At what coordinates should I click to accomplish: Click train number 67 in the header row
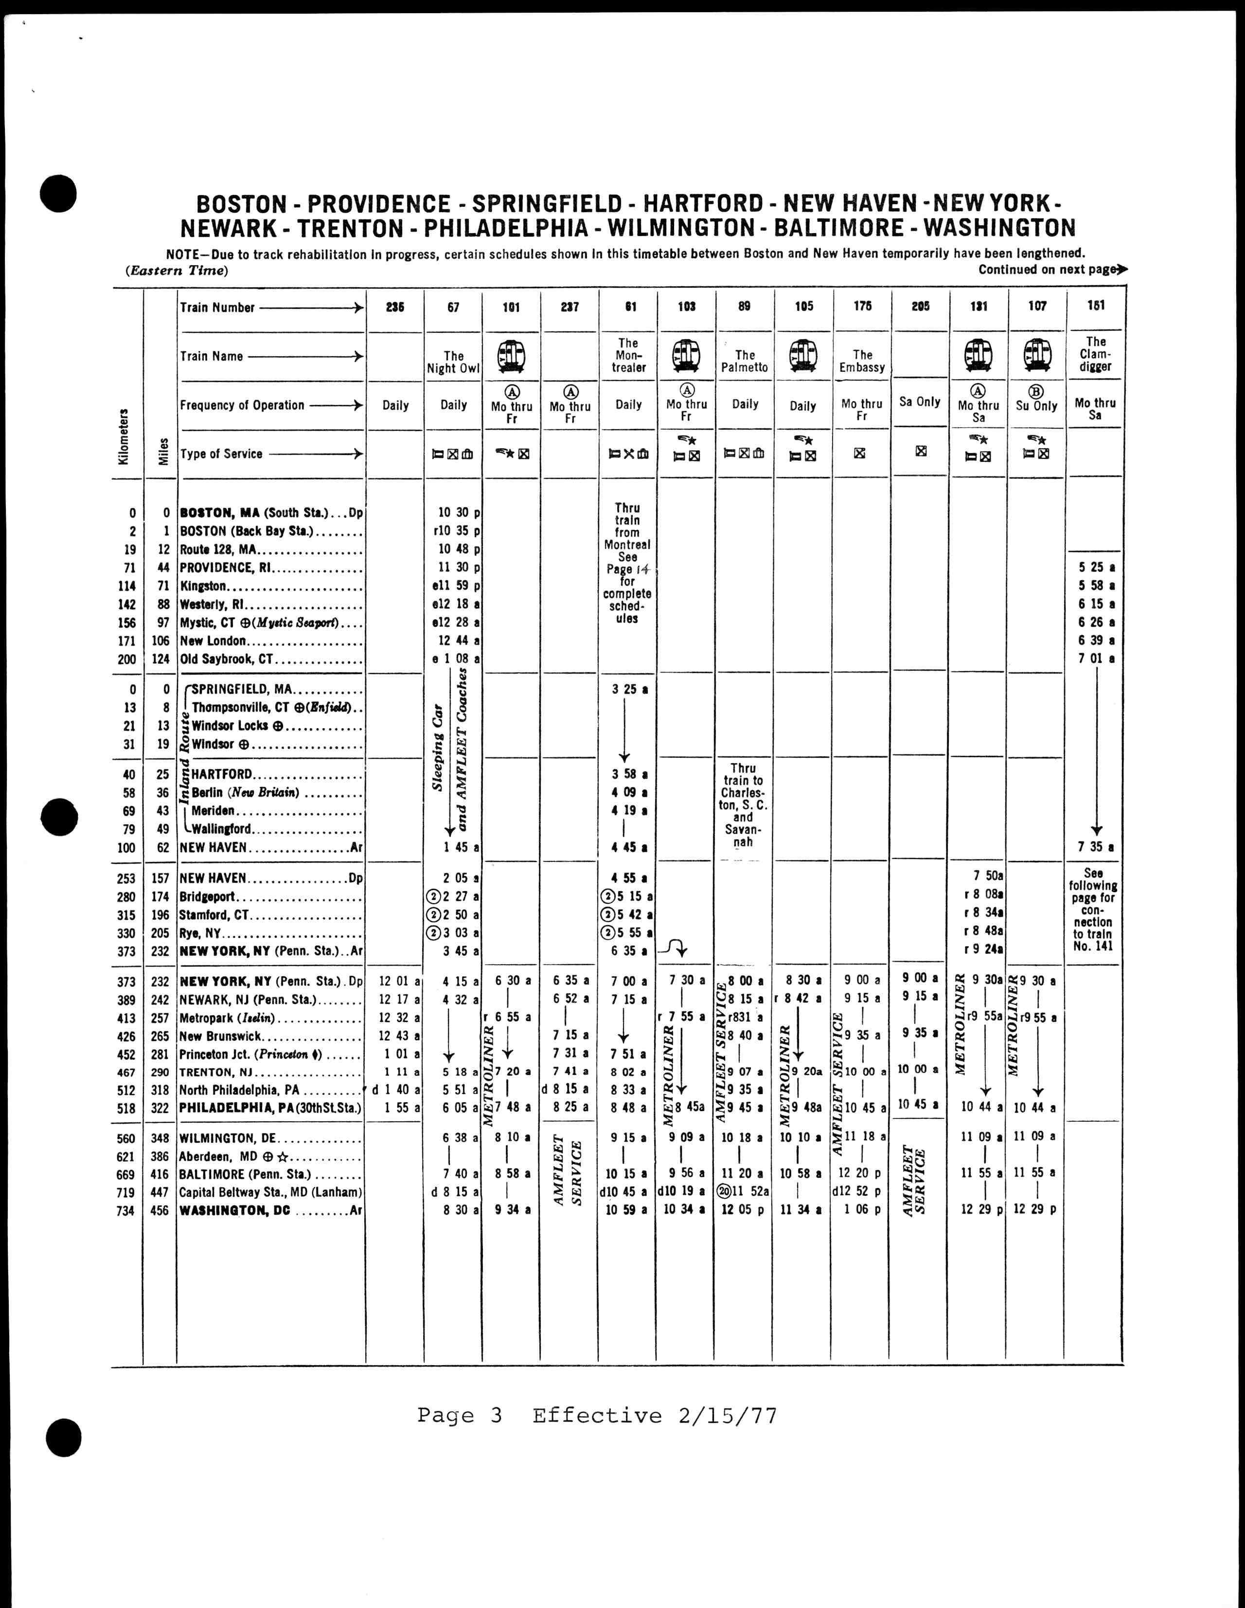click(453, 307)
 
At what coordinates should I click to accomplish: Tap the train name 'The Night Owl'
click(453, 362)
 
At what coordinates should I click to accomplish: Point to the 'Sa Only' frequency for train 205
click(920, 402)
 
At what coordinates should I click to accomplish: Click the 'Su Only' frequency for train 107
click(1037, 406)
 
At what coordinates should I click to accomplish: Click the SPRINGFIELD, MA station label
click(242, 690)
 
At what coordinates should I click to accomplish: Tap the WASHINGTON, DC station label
click(235, 1210)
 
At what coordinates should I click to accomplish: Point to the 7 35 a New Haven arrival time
click(1096, 847)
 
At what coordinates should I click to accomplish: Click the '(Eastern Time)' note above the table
click(177, 270)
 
